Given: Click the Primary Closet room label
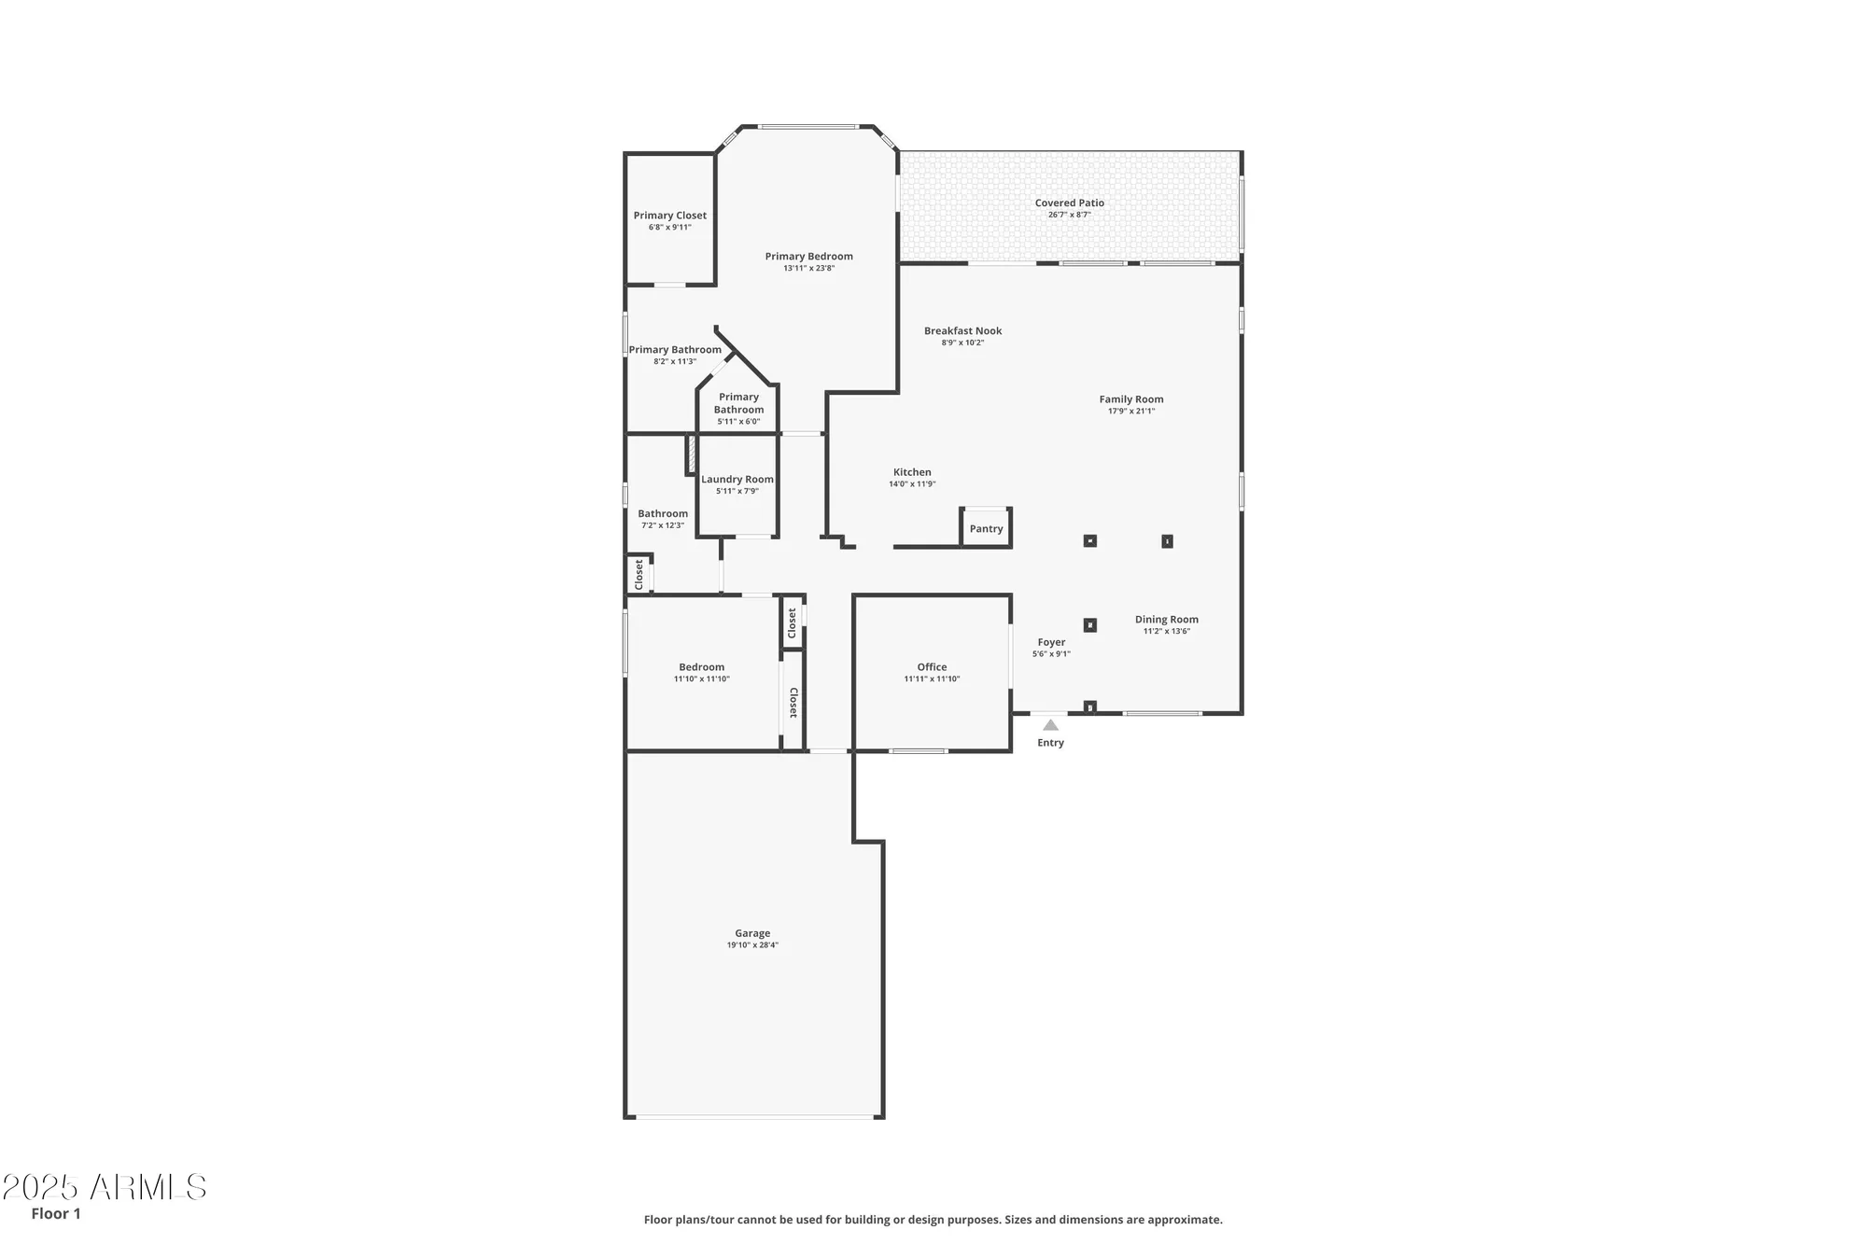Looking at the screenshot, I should [x=669, y=216].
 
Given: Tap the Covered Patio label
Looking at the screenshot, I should [x=1069, y=203].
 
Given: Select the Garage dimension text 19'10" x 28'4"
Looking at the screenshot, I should [x=752, y=945].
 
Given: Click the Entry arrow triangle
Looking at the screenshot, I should [x=1050, y=725].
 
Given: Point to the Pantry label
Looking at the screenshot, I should [x=986, y=529].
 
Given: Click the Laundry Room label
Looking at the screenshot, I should [x=737, y=480].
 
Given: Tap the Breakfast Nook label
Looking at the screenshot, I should [x=962, y=330].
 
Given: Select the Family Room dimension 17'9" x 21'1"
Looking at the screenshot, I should [x=1130, y=412].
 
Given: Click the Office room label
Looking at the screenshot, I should [x=932, y=667].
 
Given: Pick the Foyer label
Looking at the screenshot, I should [x=1051, y=642].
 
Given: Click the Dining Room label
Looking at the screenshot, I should [x=1166, y=620].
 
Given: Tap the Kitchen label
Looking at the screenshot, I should [x=912, y=472].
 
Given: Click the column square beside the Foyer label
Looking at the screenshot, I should [x=1089, y=625].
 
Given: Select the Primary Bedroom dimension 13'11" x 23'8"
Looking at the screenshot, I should [x=808, y=269].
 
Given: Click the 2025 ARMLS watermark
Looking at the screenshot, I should [x=104, y=1187].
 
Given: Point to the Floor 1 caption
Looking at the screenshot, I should [x=56, y=1213].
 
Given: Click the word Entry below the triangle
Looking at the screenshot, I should [x=1050, y=743].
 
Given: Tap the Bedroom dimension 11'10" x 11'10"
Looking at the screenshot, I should [x=701, y=679].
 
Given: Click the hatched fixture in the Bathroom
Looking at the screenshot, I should [x=692, y=454].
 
